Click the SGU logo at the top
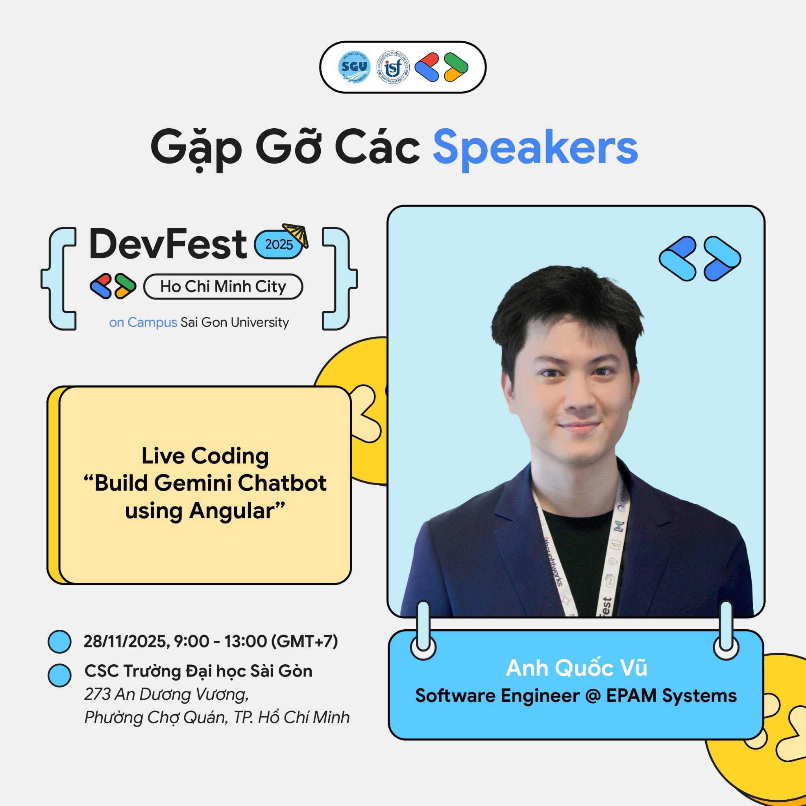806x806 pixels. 354,67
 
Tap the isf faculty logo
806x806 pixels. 392,67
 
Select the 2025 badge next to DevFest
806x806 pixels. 279,244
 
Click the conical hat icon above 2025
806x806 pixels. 296,234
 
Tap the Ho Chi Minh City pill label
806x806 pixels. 223,287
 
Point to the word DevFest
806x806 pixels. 168,244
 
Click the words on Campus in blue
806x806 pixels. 143,322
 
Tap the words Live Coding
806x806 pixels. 205,456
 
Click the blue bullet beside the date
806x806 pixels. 60,641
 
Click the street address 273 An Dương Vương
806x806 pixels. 166,694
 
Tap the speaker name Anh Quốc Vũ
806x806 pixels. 576,668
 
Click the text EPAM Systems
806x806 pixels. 671,695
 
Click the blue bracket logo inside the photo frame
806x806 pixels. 700,259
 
